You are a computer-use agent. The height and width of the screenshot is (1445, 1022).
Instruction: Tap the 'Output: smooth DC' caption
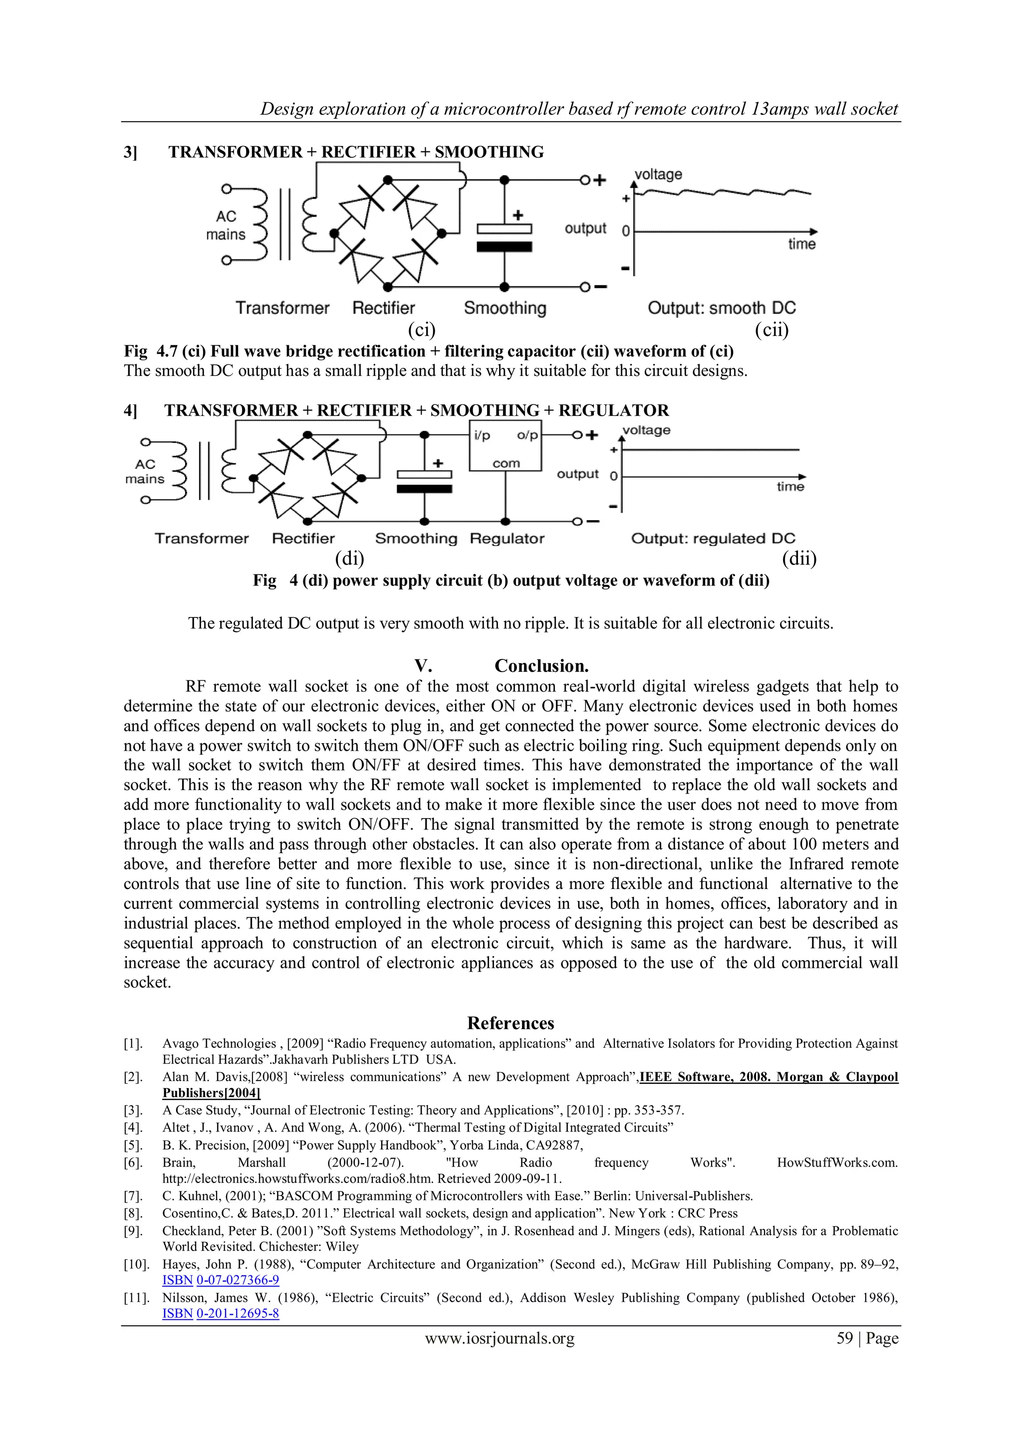(x=721, y=308)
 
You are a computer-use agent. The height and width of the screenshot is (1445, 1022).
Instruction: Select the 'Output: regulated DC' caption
(x=713, y=539)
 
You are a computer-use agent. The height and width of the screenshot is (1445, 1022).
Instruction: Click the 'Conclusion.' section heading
(x=541, y=666)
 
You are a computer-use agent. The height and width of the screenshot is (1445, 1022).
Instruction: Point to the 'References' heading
(x=511, y=1023)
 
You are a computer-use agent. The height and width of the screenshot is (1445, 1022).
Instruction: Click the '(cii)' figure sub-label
(x=771, y=330)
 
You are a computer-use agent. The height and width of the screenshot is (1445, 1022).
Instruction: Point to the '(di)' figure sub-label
(x=349, y=558)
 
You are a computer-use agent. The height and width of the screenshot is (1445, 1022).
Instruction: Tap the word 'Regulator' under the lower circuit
(x=507, y=539)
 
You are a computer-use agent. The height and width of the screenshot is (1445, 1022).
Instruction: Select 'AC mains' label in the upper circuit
(x=226, y=225)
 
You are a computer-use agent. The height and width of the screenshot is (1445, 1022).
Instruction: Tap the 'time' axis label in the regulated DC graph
(x=790, y=487)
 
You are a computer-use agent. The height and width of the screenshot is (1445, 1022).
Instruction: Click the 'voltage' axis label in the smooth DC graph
(x=658, y=174)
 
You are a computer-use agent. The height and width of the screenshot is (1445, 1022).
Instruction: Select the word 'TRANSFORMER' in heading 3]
(x=236, y=152)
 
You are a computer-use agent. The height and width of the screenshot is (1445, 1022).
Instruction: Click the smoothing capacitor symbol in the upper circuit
(x=504, y=237)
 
